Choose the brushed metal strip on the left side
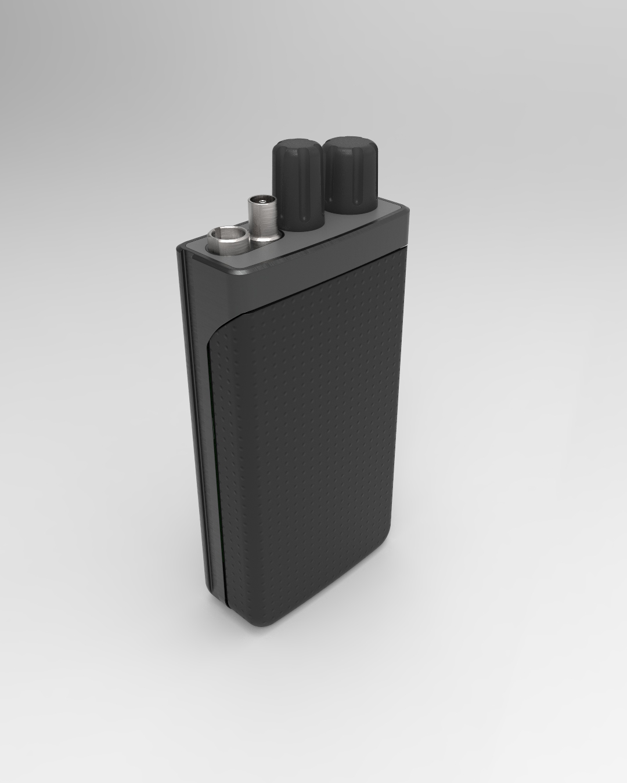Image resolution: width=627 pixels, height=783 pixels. [193, 406]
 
